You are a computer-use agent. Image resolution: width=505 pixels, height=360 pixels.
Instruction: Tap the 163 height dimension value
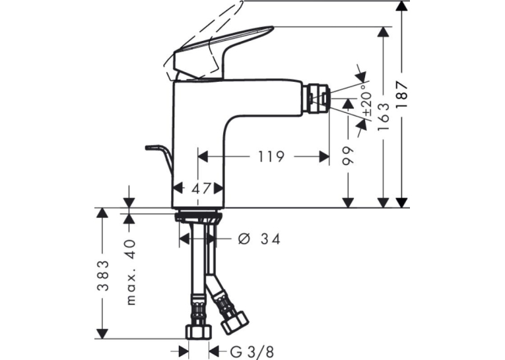point(384,117)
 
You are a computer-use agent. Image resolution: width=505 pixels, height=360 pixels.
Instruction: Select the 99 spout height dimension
point(347,156)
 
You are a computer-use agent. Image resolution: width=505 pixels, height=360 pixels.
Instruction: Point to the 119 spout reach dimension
point(271,157)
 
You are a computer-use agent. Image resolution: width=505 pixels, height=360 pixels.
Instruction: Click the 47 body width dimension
point(201,188)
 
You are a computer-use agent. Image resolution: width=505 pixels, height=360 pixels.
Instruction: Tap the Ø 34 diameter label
point(259,239)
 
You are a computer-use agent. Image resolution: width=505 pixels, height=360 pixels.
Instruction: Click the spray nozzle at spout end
point(318,98)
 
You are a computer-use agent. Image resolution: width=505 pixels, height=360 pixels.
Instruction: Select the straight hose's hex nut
point(199,332)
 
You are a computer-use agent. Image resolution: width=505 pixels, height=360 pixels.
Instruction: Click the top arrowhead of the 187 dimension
point(401,7)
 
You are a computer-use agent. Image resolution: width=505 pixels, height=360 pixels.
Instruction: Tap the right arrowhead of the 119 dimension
point(323,157)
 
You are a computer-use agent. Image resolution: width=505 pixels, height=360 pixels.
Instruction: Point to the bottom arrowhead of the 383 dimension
point(103,333)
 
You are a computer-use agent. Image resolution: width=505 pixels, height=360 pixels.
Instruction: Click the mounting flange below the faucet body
point(197,215)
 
